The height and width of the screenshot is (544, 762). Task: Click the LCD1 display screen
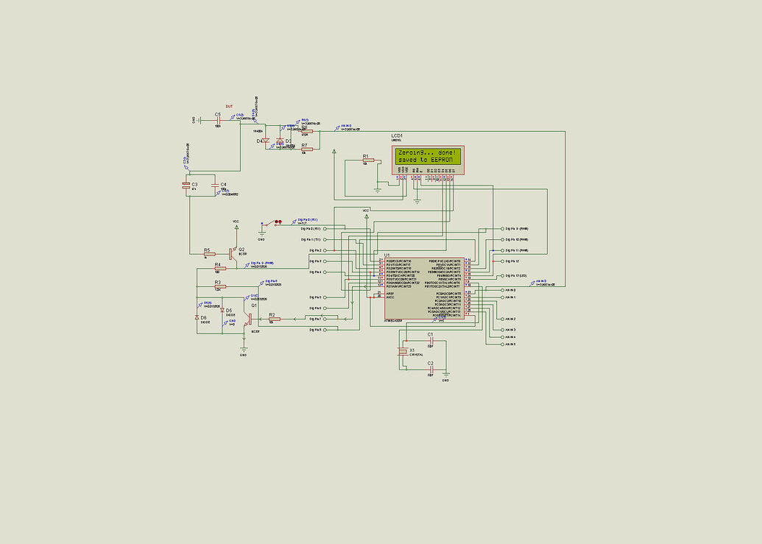click(427, 155)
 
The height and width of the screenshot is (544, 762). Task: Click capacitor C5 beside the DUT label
click(219, 120)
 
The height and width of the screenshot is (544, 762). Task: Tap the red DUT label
click(229, 107)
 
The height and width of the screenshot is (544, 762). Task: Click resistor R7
click(306, 149)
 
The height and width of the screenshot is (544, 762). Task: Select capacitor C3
click(186, 185)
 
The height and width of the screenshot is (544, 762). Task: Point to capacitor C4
click(215, 185)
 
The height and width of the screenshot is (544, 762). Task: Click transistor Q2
click(232, 252)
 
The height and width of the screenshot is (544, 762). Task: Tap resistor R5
click(210, 254)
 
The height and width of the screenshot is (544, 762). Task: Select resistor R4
click(219, 268)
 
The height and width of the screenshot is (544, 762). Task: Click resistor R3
click(219, 286)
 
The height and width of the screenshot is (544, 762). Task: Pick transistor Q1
click(250, 318)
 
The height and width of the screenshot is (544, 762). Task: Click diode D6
click(197, 317)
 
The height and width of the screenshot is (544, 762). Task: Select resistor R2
click(274, 319)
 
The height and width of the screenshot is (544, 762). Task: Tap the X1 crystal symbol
click(402, 351)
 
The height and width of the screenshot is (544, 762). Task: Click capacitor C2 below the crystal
click(431, 369)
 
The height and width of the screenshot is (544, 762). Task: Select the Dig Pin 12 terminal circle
click(503, 261)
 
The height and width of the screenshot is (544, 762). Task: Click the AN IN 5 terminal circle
click(503, 345)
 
